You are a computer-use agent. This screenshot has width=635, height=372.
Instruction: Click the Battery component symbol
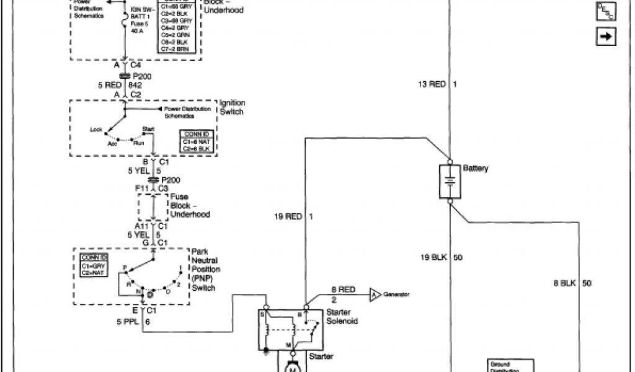(x=450, y=181)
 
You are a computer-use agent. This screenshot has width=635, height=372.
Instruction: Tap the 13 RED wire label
(x=432, y=84)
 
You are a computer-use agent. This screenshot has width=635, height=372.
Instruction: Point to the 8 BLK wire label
(x=564, y=283)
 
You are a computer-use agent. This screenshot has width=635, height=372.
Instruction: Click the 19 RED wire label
(x=288, y=216)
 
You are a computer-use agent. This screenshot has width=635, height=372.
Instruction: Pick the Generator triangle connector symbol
(x=375, y=294)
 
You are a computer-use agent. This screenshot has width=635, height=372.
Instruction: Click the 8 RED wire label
(x=342, y=289)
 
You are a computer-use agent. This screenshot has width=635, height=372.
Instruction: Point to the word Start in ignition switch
(x=148, y=128)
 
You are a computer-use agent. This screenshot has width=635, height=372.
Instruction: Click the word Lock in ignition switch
(x=96, y=130)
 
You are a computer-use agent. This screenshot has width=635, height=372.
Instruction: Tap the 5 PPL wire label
(x=128, y=322)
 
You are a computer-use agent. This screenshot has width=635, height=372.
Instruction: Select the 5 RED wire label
(x=109, y=85)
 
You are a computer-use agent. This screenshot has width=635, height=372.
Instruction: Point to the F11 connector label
(x=143, y=188)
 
